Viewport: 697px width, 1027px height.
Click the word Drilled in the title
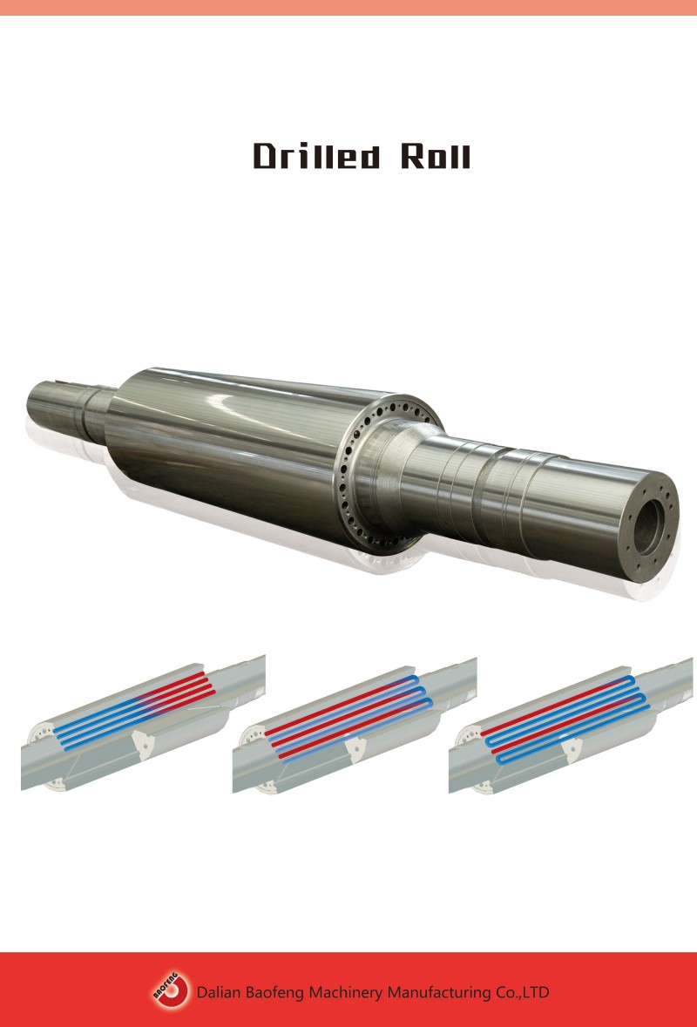(316, 156)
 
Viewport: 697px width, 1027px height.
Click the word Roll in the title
(436, 156)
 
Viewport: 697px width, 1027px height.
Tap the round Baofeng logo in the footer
(171, 991)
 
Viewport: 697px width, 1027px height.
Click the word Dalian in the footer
(218, 992)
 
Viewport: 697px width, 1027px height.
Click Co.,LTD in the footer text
(522, 992)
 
